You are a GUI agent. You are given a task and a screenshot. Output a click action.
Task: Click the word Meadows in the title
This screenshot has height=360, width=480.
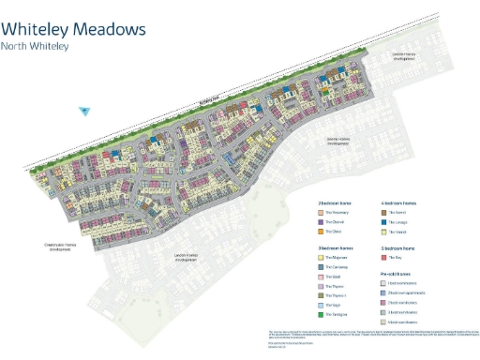[112, 29]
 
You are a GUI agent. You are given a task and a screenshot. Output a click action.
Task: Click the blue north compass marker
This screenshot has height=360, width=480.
[83, 112]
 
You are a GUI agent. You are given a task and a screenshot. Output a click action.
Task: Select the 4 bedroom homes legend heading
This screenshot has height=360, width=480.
[399, 202]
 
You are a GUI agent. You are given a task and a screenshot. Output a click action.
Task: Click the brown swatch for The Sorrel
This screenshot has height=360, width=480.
[384, 212]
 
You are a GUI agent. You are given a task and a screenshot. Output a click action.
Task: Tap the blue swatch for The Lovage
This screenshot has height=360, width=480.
[384, 221]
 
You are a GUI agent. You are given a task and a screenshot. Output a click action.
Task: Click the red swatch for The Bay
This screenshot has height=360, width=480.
[384, 257]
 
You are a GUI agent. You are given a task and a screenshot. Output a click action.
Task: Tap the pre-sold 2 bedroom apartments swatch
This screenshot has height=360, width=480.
[384, 292]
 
